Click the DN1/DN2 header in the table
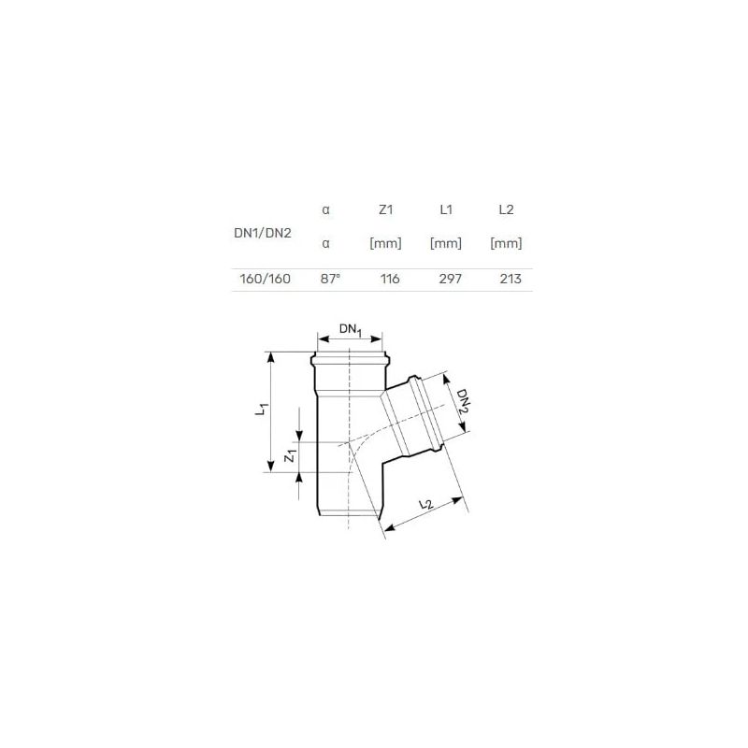click(262, 232)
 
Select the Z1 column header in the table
click(385, 210)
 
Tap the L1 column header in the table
click(446, 210)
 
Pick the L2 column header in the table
click(506, 210)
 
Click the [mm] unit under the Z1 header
click(385, 244)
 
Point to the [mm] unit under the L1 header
click(446, 244)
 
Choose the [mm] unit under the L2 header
click(506, 244)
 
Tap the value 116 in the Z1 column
click(390, 280)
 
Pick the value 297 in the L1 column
click(450, 280)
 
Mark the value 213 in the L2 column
click(511, 280)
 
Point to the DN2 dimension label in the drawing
click(461, 402)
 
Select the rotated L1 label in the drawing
click(265, 409)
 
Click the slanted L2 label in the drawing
click(424, 506)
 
